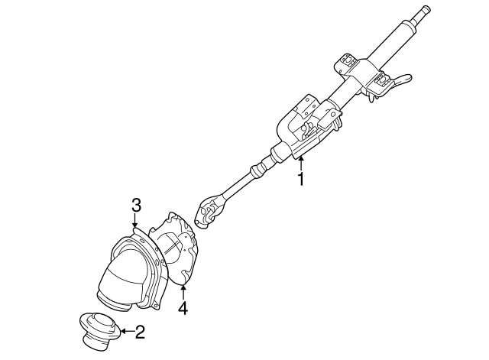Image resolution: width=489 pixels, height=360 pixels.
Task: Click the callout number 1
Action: point(301,180)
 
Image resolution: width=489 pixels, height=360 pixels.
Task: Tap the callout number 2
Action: point(139,332)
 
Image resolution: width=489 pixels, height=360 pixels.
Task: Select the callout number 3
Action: point(136,205)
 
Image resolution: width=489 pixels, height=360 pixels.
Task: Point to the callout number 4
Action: point(183,309)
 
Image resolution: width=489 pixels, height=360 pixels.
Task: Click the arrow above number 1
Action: point(301,162)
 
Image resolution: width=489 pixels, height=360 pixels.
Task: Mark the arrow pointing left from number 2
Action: point(125,332)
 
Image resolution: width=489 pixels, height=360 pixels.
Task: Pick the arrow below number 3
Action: point(136,222)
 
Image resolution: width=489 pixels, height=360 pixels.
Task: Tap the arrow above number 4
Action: point(183,292)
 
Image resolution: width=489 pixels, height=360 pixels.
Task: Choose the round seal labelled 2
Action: point(99,330)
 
